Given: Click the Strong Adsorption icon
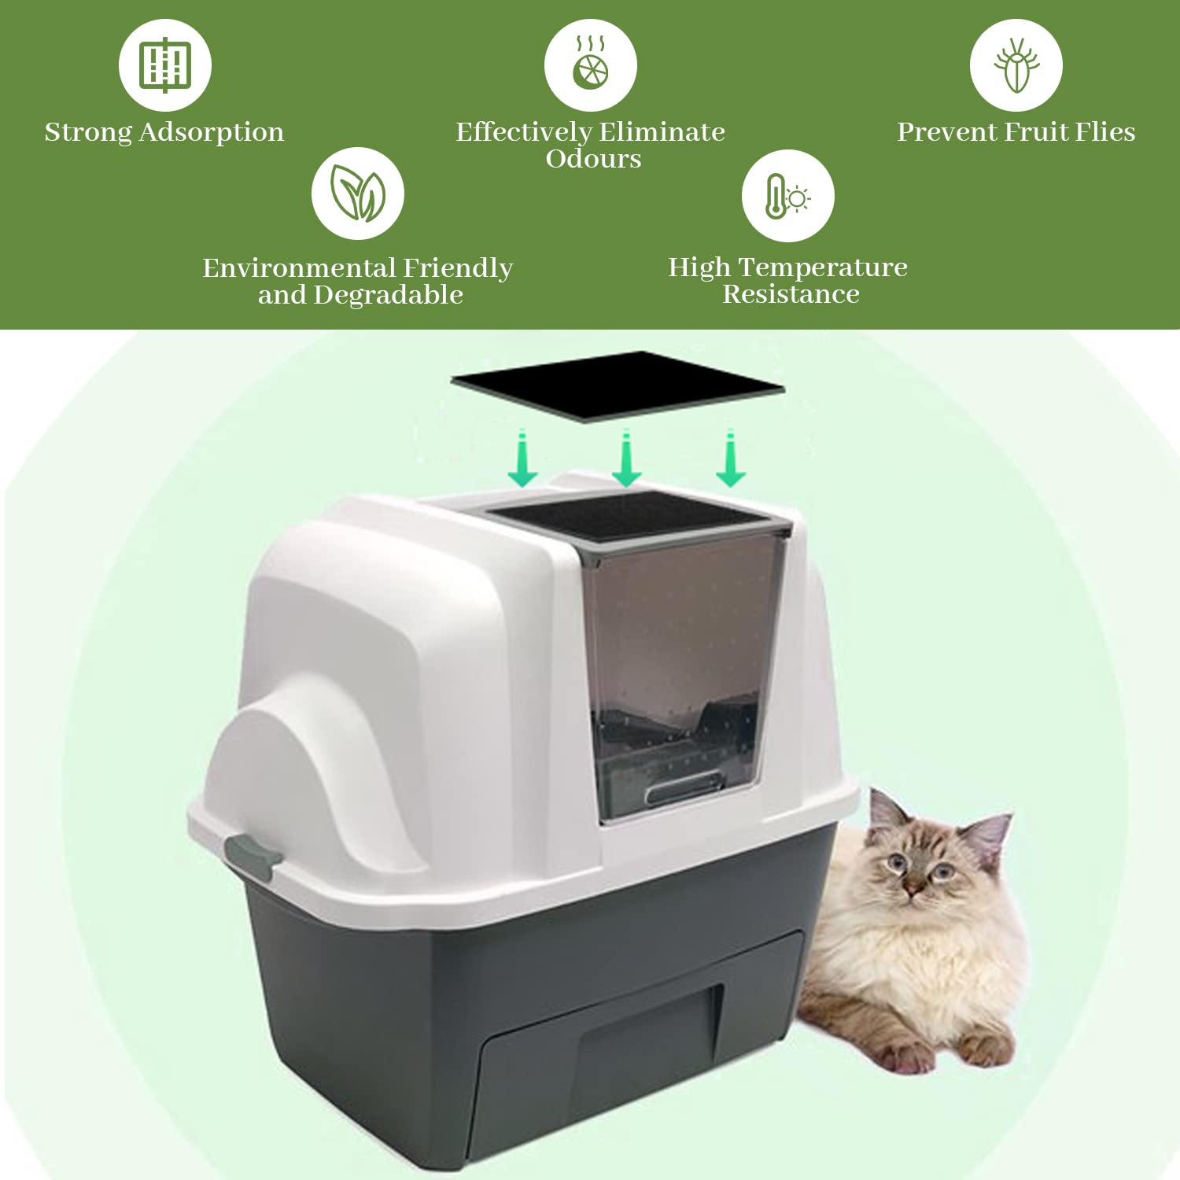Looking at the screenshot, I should pyautogui.click(x=165, y=65).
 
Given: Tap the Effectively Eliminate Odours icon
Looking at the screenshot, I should pyautogui.click(x=590, y=65).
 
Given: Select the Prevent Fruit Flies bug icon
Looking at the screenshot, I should pyautogui.click(x=1016, y=65).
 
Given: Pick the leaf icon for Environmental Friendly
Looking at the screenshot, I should pyautogui.click(x=358, y=194).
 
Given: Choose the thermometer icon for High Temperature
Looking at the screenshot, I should pyautogui.click(x=787, y=196).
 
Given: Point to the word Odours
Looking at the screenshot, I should pyautogui.click(x=593, y=159).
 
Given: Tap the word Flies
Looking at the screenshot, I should pyautogui.click(x=1104, y=131).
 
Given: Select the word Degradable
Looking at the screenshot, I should pyautogui.click(x=388, y=295).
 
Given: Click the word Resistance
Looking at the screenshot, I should pyautogui.click(x=791, y=294).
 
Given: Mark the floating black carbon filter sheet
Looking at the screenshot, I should pyautogui.click(x=618, y=385).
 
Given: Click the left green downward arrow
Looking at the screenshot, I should pyautogui.click(x=522, y=459).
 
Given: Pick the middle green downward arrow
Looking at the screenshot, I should pyautogui.click(x=626, y=459).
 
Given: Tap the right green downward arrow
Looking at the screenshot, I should pyautogui.click(x=731, y=459).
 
